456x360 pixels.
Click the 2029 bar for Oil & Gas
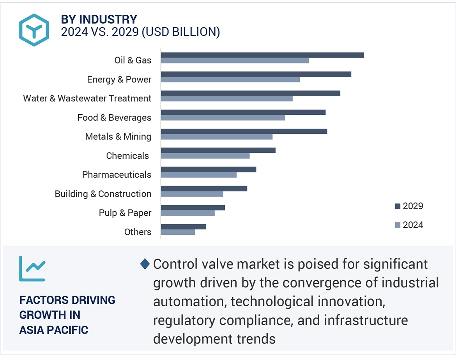pyautogui.click(x=262, y=55)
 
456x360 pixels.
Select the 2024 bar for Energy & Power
pyautogui.click(x=230, y=80)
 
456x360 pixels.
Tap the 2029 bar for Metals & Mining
pyautogui.click(x=244, y=131)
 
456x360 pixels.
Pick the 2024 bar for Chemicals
pyautogui.click(x=205, y=156)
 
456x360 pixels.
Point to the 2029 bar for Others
pyautogui.click(x=183, y=227)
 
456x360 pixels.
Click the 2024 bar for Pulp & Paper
pyautogui.click(x=187, y=213)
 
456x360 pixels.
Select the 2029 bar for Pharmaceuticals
pyautogui.click(x=209, y=169)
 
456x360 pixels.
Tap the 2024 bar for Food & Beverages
pyautogui.click(x=223, y=118)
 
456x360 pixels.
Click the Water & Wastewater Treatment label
pyautogui.click(x=87, y=98)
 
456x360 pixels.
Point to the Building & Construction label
pyautogui.click(x=103, y=194)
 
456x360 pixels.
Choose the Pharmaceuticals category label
pyautogui.click(x=117, y=174)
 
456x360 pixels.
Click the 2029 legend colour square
pyautogui.click(x=398, y=206)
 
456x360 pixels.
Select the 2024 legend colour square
pyautogui.click(x=398, y=225)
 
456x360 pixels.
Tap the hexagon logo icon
pyautogui.click(x=34, y=30)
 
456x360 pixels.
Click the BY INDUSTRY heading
pyautogui.click(x=99, y=19)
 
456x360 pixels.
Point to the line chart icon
pyautogui.click(x=32, y=268)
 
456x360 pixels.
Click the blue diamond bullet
pyautogui.click(x=145, y=264)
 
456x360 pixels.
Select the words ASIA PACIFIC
pyautogui.click(x=54, y=330)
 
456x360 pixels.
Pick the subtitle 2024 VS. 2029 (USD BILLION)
pyautogui.click(x=140, y=32)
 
